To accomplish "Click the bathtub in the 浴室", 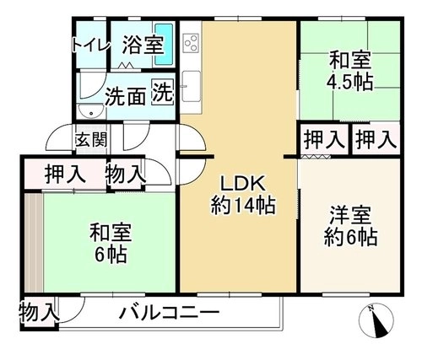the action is (x=165, y=45).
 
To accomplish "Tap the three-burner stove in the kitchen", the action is (x=191, y=42).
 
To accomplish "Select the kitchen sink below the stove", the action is (x=191, y=87).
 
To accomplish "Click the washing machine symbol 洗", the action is (x=163, y=93).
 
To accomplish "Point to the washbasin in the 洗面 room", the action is (x=91, y=111).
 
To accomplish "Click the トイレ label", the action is (x=90, y=46).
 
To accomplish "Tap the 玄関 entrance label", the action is (x=91, y=139).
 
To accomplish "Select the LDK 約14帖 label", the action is (x=243, y=195).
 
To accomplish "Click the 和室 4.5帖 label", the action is (x=349, y=71).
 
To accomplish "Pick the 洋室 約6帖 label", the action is (x=350, y=226).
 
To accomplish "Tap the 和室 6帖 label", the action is (x=111, y=243).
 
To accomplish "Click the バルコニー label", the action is (x=169, y=313).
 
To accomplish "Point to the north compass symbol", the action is (x=376, y=320).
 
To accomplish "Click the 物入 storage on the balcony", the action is (x=39, y=312).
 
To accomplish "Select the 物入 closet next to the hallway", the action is (x=126, y=174).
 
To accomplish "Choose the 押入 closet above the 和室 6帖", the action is (x=65, y=174).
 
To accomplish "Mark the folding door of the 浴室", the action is (x=125, y=66).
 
